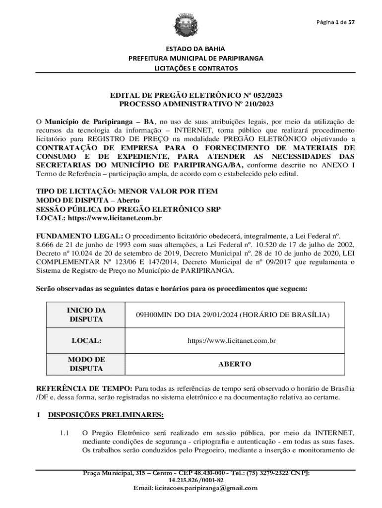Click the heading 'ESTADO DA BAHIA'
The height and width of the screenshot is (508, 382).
196,49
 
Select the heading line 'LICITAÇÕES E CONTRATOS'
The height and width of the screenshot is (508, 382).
196,68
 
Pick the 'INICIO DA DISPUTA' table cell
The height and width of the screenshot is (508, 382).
86,315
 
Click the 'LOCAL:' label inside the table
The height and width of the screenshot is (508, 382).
86,341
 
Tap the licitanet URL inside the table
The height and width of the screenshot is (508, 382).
231,341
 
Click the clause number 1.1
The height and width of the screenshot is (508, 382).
63,433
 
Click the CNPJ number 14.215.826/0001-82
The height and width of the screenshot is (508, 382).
196,480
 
